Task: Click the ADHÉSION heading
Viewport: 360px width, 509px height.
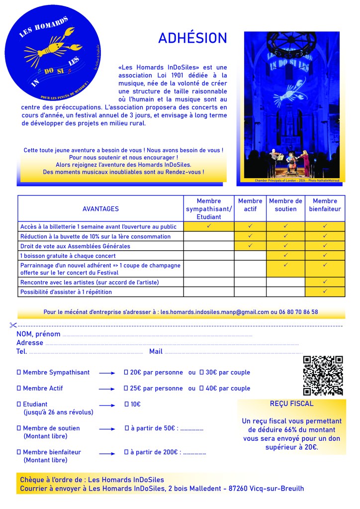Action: [192, 38]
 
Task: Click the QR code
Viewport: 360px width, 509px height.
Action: [323, 376]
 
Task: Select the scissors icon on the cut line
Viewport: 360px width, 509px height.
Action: [13, 325]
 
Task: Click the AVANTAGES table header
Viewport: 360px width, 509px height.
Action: [100, 209]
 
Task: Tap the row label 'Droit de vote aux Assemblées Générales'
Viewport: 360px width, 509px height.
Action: [75, 246]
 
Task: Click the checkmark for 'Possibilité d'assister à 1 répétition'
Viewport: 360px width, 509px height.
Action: [325, 292]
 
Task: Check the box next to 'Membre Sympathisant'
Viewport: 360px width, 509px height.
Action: [19, 372]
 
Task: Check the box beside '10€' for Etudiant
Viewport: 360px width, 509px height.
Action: [126, 404]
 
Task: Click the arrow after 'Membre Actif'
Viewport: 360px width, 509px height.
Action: [107, 389]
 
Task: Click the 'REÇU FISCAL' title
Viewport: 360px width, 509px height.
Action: [291, 404]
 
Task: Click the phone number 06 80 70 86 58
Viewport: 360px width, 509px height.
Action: [298, 312]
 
